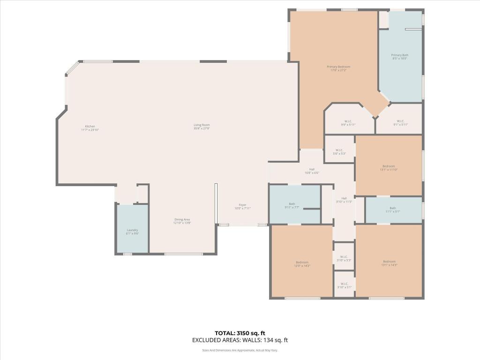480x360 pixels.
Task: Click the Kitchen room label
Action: pyautogui.click(x=90, y=127)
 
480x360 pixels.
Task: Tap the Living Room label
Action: pyautogui.click(x=202, y=126)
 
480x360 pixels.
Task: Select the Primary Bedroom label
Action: pyautogui.click(x=338, y=68)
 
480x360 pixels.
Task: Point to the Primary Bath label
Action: pyautogui.click(x=400, y=56)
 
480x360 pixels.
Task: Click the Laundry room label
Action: pyautogui.click(x=132, y=232)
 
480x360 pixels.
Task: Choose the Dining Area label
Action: pyautogui.click(x=182, y=221)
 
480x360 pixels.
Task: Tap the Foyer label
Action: pyautogui.click(x=242, y=206)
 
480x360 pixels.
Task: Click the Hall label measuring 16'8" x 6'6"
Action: pyautogui.click(x=312, y=171)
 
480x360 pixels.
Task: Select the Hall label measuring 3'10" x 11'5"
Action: pyautogui.click(x=344, y=200)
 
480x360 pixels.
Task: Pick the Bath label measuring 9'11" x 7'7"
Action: pyautogui.click(x=292, y=205)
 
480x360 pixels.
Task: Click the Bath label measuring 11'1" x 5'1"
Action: pyautogui.click(x=392, y=210)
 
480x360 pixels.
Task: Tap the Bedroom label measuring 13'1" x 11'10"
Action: pyautogui.click(x=389, y=168)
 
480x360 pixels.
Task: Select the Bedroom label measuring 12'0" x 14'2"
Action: pyautogui.click(x=302, y=263)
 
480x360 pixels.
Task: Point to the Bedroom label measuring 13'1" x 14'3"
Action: pyautogui.click(x=389, y=263)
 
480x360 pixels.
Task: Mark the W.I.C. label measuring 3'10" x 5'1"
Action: pyautogui.click(x=344, y=285)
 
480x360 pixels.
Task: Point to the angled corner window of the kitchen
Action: pyautogui.click(x=72, y=69)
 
